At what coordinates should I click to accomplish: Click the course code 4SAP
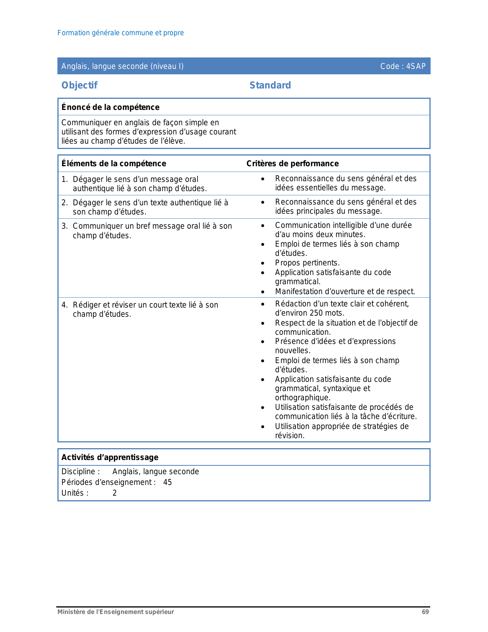tap(416, 66)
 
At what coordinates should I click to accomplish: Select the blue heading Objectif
tap(80, 85)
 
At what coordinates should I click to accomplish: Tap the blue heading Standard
tap(270, 85)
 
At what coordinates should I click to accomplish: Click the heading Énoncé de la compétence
tap(110, 107)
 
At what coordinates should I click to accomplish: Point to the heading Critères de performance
tap(292, 164)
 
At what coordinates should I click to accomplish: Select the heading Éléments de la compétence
tap(114, 164)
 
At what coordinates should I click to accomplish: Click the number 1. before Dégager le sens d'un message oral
tap(65, 179)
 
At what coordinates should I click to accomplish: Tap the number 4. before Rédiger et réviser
tap(65, 305)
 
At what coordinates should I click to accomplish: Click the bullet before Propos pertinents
tap(263, 263)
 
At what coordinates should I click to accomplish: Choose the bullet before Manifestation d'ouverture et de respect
tap(263, 292)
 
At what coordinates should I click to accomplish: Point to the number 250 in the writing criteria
tap(316, 313)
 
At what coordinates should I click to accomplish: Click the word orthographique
tap(302, 398)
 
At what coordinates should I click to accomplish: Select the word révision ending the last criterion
tap(289, 436)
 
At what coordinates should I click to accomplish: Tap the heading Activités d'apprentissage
tap(110, 457)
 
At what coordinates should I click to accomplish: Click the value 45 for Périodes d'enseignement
tap(168, 482)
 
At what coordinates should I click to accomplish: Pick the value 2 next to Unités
tap(114, 493)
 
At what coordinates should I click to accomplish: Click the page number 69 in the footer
tap(425, 612)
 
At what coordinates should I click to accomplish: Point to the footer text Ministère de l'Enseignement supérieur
tap(116, 612)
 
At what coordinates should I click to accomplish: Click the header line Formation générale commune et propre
tap(121, 33)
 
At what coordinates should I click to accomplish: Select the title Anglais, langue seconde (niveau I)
tap(122, 66)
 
